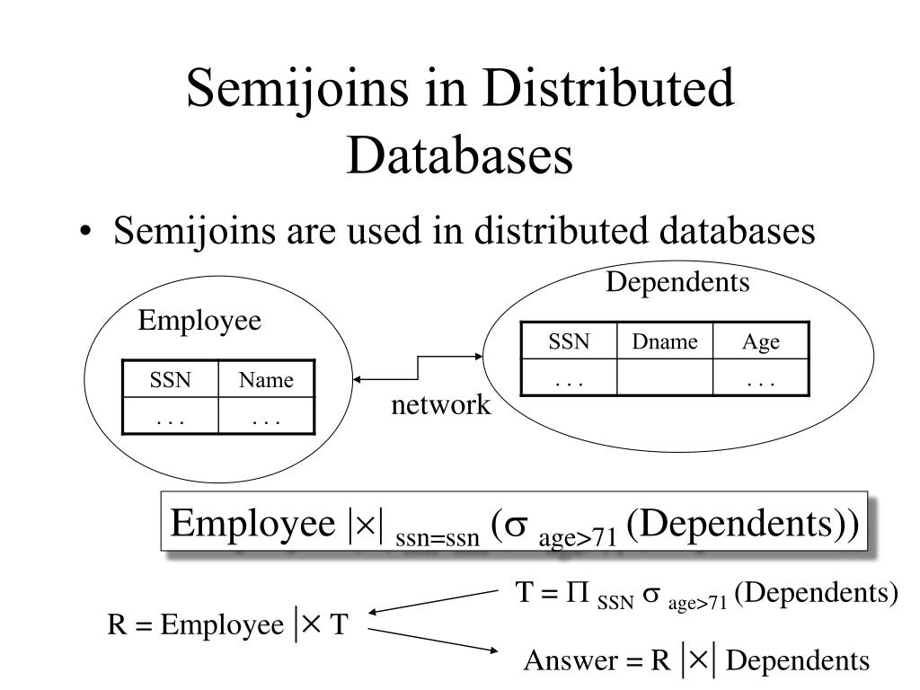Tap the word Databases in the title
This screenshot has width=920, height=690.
[x=459, y=155]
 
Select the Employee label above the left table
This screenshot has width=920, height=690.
[x=199, y=322]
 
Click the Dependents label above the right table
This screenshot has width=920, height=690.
[x=677, y=283]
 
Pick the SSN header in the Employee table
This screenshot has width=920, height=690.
[x=170, y=380]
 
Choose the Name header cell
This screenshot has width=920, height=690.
[x=266, y=380]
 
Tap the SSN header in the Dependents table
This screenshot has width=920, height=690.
[x=569, y=341]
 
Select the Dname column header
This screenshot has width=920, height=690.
[x=664, y=341]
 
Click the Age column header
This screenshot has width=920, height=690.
[x=760, y=341]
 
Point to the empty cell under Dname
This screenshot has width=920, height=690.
[x=664, y=377]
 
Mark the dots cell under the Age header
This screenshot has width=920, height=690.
[x=760, y=377]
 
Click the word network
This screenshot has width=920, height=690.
[x=440, y=405]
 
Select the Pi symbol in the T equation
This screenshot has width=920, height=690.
[x=576, y=594]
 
